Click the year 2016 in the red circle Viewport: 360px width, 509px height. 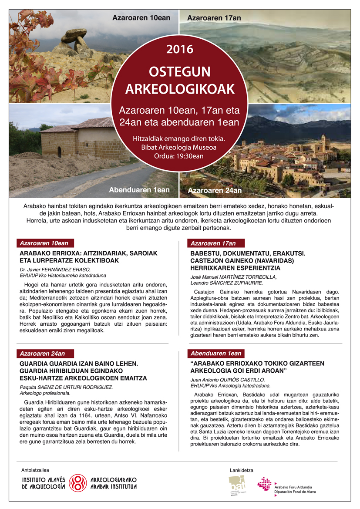coord(179,49)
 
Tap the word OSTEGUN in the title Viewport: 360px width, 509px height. coord(179,71)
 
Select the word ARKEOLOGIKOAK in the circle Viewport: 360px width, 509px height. coord(179,89)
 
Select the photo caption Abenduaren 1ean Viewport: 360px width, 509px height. coord(139,190)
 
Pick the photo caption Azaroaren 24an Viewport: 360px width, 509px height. coord(215,190)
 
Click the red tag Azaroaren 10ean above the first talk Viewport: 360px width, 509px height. coord(45,243)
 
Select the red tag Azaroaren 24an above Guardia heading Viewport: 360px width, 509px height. coord(45,353)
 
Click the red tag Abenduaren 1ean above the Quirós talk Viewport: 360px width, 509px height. coord(216,353)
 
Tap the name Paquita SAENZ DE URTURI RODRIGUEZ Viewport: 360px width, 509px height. coord(66,387)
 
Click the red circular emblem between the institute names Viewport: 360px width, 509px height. coord(78,483)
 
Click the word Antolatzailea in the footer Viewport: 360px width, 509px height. coord(35,470)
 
